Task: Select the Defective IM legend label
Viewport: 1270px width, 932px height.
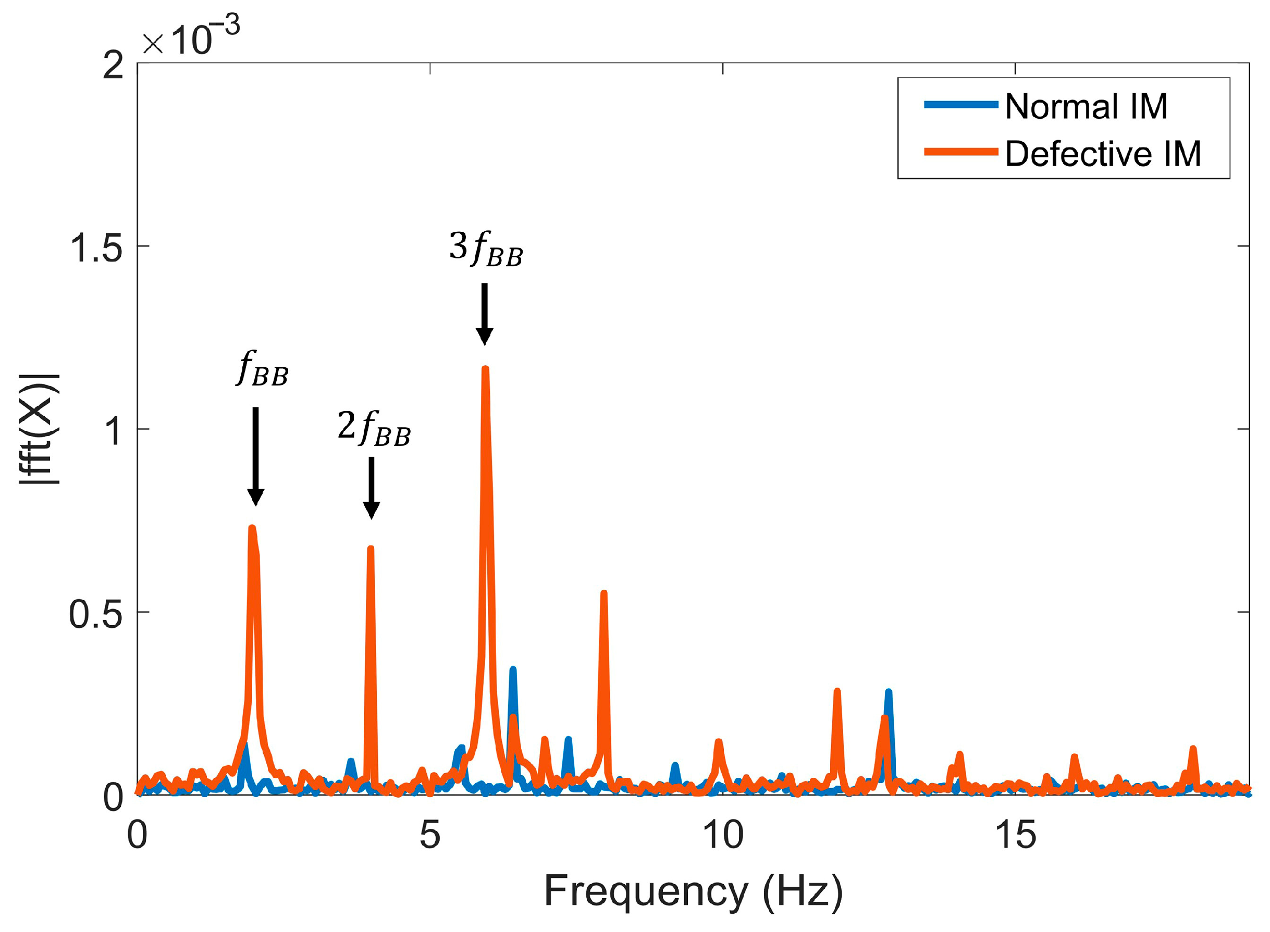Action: [1103, 154]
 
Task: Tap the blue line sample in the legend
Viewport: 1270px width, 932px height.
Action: [960, 104]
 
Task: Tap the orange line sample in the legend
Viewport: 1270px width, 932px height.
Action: [960, 151]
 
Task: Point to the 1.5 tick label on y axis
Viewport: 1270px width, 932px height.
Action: [95, 247]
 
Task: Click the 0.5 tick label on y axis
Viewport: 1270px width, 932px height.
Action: [95, 614]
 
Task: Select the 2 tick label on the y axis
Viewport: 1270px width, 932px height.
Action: [113, 66]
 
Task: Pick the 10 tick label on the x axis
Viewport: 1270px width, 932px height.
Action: [723, 835]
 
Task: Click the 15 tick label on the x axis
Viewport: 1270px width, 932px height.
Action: [1016, 835]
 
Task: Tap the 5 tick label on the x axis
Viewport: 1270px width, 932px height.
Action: [430, 835]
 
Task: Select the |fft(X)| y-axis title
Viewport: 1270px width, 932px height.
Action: [40, 429]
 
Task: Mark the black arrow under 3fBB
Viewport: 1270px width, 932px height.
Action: [484, 313]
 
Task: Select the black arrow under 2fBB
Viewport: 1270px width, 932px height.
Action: [371, 488]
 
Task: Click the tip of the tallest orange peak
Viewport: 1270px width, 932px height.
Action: [485, 369]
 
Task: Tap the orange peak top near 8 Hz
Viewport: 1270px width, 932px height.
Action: [603, 593]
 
